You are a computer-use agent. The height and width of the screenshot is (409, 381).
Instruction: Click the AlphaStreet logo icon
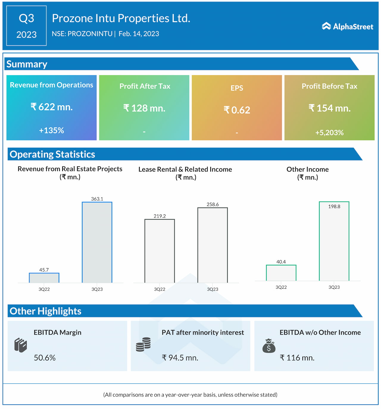pyautogui.click(x=326, y=26)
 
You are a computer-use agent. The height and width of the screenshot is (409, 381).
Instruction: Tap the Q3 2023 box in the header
pyautogui.click(x=26, y=26)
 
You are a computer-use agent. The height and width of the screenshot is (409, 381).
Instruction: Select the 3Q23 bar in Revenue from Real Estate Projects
pyautogui.click(x=97, y=242)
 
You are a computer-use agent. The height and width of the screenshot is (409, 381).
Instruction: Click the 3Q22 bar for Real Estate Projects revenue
pyautogui.click(x=44, y=278)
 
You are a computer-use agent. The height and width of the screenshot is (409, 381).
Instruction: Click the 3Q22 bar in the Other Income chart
pyautogui.click(x=281, y=273)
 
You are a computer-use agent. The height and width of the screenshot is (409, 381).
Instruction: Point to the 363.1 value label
pyautogui.click(x=97, y=199)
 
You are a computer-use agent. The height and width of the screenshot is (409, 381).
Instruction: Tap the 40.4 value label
pyautogui.click(x=281, y=262)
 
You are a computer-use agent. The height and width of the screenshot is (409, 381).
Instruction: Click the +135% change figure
pyautogui.click(x=51, y=130)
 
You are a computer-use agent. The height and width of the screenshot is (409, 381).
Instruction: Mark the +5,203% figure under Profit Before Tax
pyautogui.click(x=330, y=132)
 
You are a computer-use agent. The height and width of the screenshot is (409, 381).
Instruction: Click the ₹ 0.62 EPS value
pyautogui.click(x=237, y=110)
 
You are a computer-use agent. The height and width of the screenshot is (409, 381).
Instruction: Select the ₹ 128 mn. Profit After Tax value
pyautogui.click(x=144, y=108)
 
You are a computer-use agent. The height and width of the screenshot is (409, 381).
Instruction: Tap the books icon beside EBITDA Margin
pyautogui.click(x=21, y=345)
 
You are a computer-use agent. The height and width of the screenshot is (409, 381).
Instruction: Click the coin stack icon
pyautogui.click(x=143, y=344)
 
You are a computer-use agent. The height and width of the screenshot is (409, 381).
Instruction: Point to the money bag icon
pyautogui.click(x=269, y=346)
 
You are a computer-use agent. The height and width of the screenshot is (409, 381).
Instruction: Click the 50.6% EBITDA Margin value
pyautogui.click(x=45, y=358)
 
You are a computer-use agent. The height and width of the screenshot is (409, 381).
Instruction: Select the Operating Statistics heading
pyautogui.click(x=52, y=154)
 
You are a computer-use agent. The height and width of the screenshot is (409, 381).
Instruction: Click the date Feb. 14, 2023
pyautogui.click(x=139, y=34)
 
